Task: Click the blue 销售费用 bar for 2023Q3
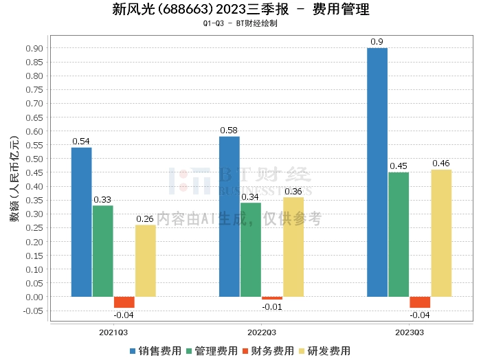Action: [x=377, y=172]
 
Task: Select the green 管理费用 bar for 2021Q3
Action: [x=103, y=251]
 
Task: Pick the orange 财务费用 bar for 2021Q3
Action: [x=124, y=302]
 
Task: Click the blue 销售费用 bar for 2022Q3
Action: [x=230, y=216]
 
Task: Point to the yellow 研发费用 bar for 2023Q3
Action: [x=441, y=233]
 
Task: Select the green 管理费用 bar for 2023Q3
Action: [x=399, y=234]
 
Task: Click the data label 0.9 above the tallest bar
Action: [x=377, y=42]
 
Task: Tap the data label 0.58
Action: [x=230, y=131]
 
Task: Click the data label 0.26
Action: [x=145, y=219]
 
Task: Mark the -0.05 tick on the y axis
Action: [x=32, y=311]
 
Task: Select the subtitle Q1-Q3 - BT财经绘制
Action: [x=240, y=23]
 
